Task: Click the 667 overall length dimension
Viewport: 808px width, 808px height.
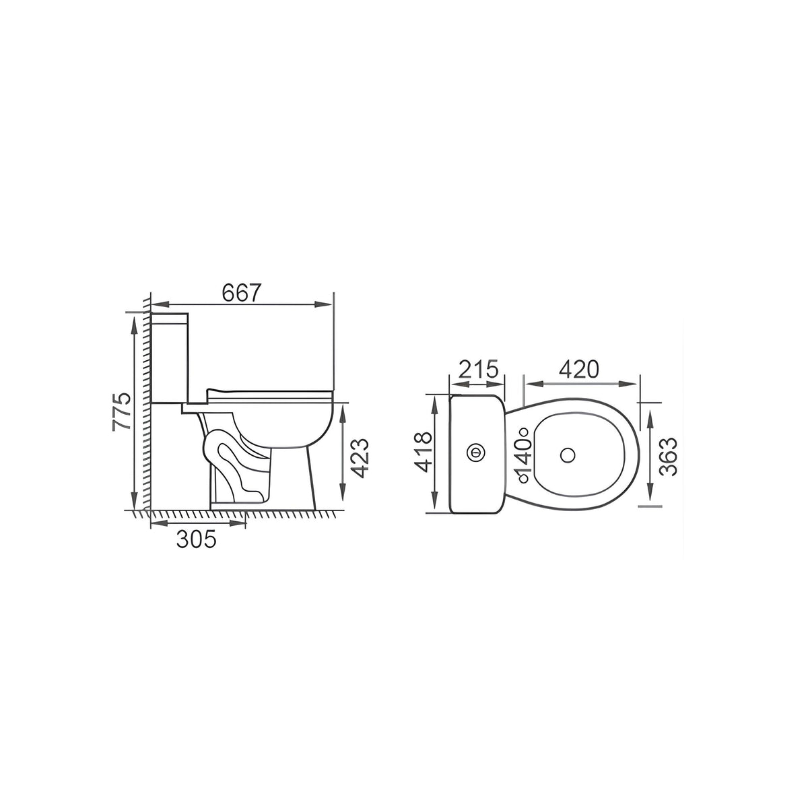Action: click(242, 292)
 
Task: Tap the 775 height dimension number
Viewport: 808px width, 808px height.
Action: click(122, 411)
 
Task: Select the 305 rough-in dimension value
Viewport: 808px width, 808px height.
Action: click(196, 539)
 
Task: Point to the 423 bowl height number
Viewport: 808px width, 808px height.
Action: click(360, 459)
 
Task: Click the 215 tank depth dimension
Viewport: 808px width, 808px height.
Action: click(478, 369)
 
